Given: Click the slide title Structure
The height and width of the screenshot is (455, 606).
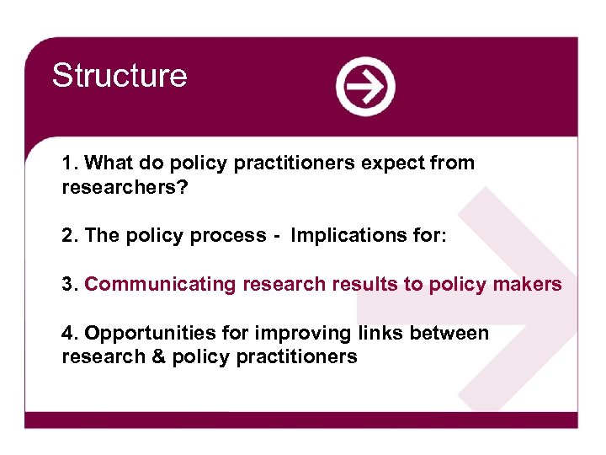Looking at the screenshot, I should (119, 76).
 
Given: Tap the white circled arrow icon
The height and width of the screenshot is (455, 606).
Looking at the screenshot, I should (365, 86).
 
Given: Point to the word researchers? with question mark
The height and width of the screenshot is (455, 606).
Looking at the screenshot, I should (125, 187).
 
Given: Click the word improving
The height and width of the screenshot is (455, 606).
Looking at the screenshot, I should (274, 334).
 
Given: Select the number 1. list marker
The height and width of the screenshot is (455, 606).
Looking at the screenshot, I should (70, 163).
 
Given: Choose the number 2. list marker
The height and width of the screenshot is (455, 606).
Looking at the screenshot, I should (70, 236).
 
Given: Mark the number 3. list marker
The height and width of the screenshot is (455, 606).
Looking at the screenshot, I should (70, 284).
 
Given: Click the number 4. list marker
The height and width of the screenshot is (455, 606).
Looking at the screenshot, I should (70, 333).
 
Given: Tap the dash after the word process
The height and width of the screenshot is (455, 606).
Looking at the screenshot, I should (277, 237).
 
